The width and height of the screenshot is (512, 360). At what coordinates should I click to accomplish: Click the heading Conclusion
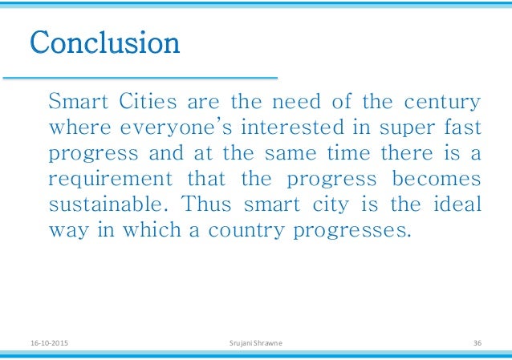click(x=104, y=42)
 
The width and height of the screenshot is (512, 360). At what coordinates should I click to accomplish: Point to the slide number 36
click(x=477, y=343)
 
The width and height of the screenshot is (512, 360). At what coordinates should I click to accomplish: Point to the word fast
click(x=464, y=127)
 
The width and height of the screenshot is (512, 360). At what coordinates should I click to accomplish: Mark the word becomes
click(x=443, y=178)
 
